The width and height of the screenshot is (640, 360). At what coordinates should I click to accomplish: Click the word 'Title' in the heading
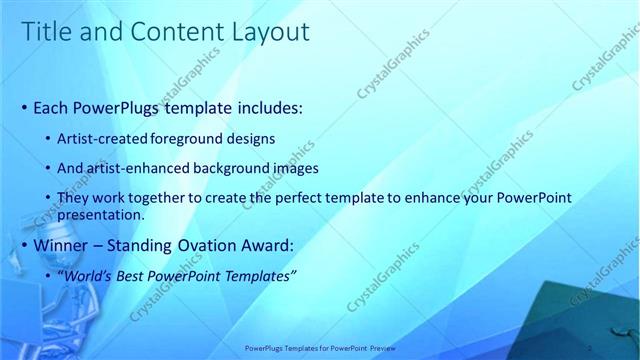(47, 32)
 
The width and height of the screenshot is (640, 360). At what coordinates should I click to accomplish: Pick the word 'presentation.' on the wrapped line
(103, 214)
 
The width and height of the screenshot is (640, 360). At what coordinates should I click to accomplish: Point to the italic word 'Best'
(140, 275)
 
